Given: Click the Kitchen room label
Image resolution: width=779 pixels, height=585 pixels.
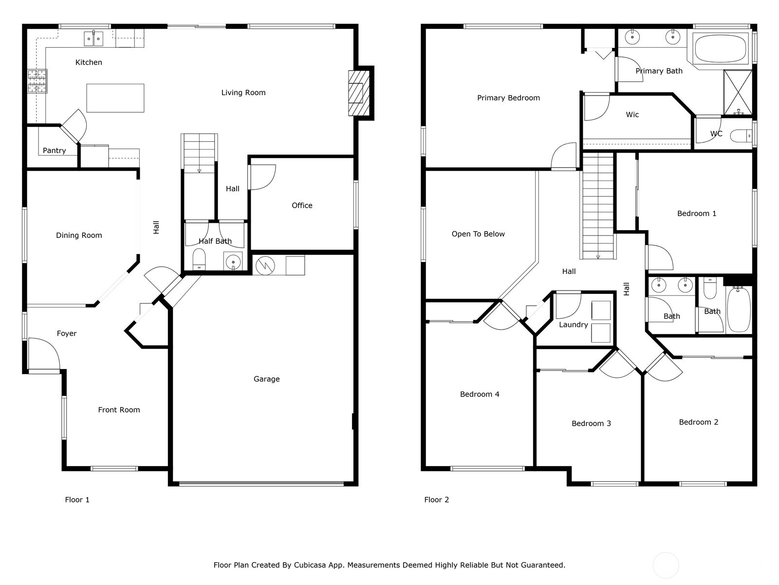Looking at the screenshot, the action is (x=89, y=62).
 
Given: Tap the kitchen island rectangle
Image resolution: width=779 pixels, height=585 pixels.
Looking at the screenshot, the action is (x=115, y=98).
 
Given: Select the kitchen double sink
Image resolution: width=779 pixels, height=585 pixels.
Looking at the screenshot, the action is (x=93, y=39).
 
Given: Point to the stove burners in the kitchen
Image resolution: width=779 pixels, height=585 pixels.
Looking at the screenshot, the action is (x=37, y=81).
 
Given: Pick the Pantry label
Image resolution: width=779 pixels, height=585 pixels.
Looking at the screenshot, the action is (x=55, y=151).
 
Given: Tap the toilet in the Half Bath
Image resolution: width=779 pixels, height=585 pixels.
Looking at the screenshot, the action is (x=199, y=259).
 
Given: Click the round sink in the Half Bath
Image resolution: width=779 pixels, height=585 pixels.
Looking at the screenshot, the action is (x=233, y=262).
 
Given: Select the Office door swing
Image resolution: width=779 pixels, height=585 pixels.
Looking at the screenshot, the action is (x=263, y=177).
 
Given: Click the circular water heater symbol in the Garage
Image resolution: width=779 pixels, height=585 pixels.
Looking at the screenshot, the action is (x=265, y=266).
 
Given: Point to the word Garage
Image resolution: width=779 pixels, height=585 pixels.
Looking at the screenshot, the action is (x=266, y=379).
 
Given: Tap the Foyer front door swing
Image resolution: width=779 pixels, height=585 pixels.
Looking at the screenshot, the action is (x=44, y=354).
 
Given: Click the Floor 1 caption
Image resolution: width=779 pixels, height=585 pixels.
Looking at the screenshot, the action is (x=77, y=500).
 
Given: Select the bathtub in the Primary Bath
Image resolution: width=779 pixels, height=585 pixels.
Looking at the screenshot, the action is (x=720, y=48).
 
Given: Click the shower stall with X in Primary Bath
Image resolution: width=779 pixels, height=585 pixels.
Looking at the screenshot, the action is (x=738, y=92).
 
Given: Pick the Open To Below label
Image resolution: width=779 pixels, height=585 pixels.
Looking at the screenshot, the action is (x=478, y=234).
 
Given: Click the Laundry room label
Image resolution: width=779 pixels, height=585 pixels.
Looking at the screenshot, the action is (x=574, y=325).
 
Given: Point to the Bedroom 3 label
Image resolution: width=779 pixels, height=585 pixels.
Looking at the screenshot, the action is (x=591, y=423).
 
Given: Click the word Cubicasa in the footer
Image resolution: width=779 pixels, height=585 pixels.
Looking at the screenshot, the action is (x=310, y=565).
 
